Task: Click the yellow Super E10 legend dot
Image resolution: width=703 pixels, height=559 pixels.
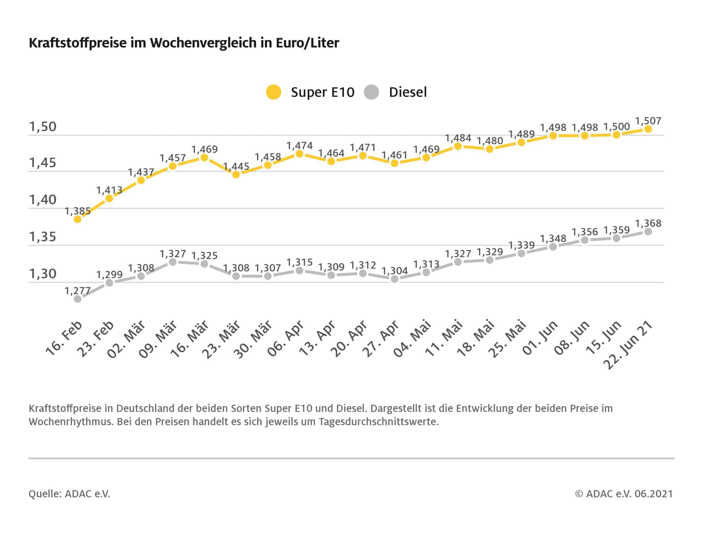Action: click(x=273, y=92)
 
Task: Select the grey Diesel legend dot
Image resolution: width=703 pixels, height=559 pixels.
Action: click(x=371, y=92)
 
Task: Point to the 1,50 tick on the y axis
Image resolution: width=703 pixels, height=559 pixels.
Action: click(x=43, y=127)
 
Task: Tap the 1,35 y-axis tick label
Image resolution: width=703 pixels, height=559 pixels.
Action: click(x=43, y=237)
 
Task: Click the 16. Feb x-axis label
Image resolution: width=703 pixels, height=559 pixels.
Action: click(x=64, y=338)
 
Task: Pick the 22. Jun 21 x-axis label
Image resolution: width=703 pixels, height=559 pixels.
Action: click(x=628, y=345)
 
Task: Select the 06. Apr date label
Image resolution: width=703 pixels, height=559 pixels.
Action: click(x=286, y=339)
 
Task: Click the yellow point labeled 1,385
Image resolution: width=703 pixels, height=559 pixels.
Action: click(x=78, y=219)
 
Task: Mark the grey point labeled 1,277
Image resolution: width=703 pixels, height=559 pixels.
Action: click(x=78, y=299)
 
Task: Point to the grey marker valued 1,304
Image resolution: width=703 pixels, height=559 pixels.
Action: click(x=395, y=279)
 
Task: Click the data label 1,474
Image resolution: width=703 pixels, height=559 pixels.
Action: click(x=299, y=146)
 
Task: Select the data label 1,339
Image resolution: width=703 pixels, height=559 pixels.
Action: click(x=521, y=245)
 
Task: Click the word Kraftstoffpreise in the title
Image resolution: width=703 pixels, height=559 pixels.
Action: click(x=78, y=43)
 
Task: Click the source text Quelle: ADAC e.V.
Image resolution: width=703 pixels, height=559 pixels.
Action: click(x=69, y=493)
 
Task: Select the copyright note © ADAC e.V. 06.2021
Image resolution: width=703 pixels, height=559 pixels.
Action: click(x=624, y=493)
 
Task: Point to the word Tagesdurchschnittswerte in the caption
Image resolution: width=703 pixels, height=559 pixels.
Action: click(x=378, y=422)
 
